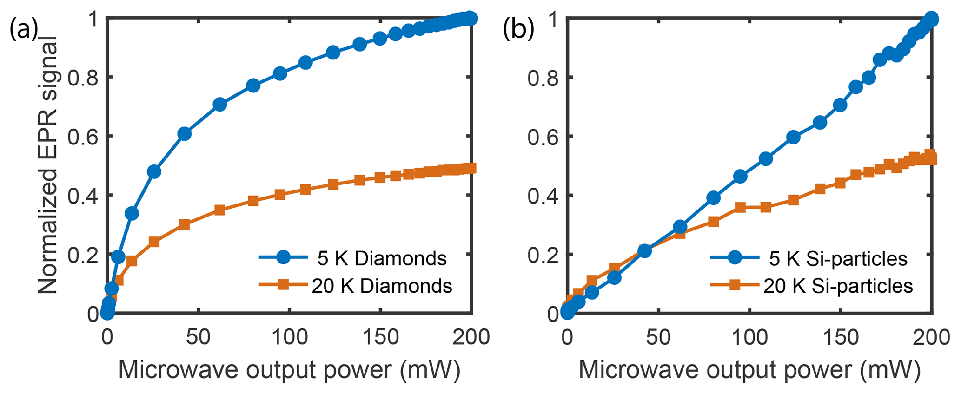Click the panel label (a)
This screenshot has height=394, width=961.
tap(23, 30)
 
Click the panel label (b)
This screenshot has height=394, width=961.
tap(517, 30)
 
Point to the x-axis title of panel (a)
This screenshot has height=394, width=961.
tap(289, 370)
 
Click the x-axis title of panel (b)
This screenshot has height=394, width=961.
tap(749, 370)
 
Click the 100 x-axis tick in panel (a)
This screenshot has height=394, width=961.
tap(289, 337)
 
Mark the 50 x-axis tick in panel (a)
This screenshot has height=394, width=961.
tap(199, 337)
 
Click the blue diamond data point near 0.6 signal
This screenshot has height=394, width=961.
tap(185, 134)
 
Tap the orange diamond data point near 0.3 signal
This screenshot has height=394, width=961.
tap(185, 224)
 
